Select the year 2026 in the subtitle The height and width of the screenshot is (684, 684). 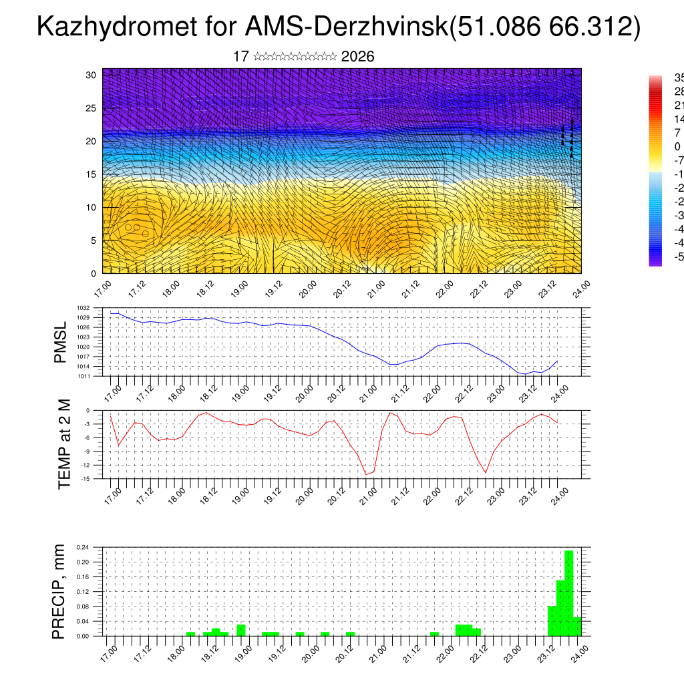tap(357, 57)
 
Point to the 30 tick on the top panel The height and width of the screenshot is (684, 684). tap(92, 75)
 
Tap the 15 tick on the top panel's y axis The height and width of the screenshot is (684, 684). tap(92, 174)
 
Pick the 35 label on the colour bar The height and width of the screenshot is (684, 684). tap(679, 77)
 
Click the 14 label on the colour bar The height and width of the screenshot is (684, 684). tap(679, 119)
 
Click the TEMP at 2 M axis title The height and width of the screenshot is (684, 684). tap(64, 444)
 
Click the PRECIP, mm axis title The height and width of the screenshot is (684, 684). tap(60, 592)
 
